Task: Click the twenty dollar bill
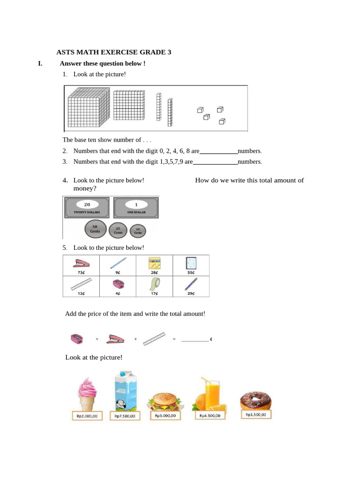[87, 208]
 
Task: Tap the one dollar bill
[136, 208]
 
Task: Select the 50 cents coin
[95, 229]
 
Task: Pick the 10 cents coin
[138, 231]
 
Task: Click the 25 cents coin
[118, 230]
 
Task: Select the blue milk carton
[124, 390]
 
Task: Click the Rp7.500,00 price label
[125, 416]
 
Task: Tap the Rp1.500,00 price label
[256, 414]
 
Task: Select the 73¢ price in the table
[81, 272]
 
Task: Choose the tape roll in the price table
[154, 284]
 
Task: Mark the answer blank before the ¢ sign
[195, 339]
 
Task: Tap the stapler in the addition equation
[115, 338]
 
